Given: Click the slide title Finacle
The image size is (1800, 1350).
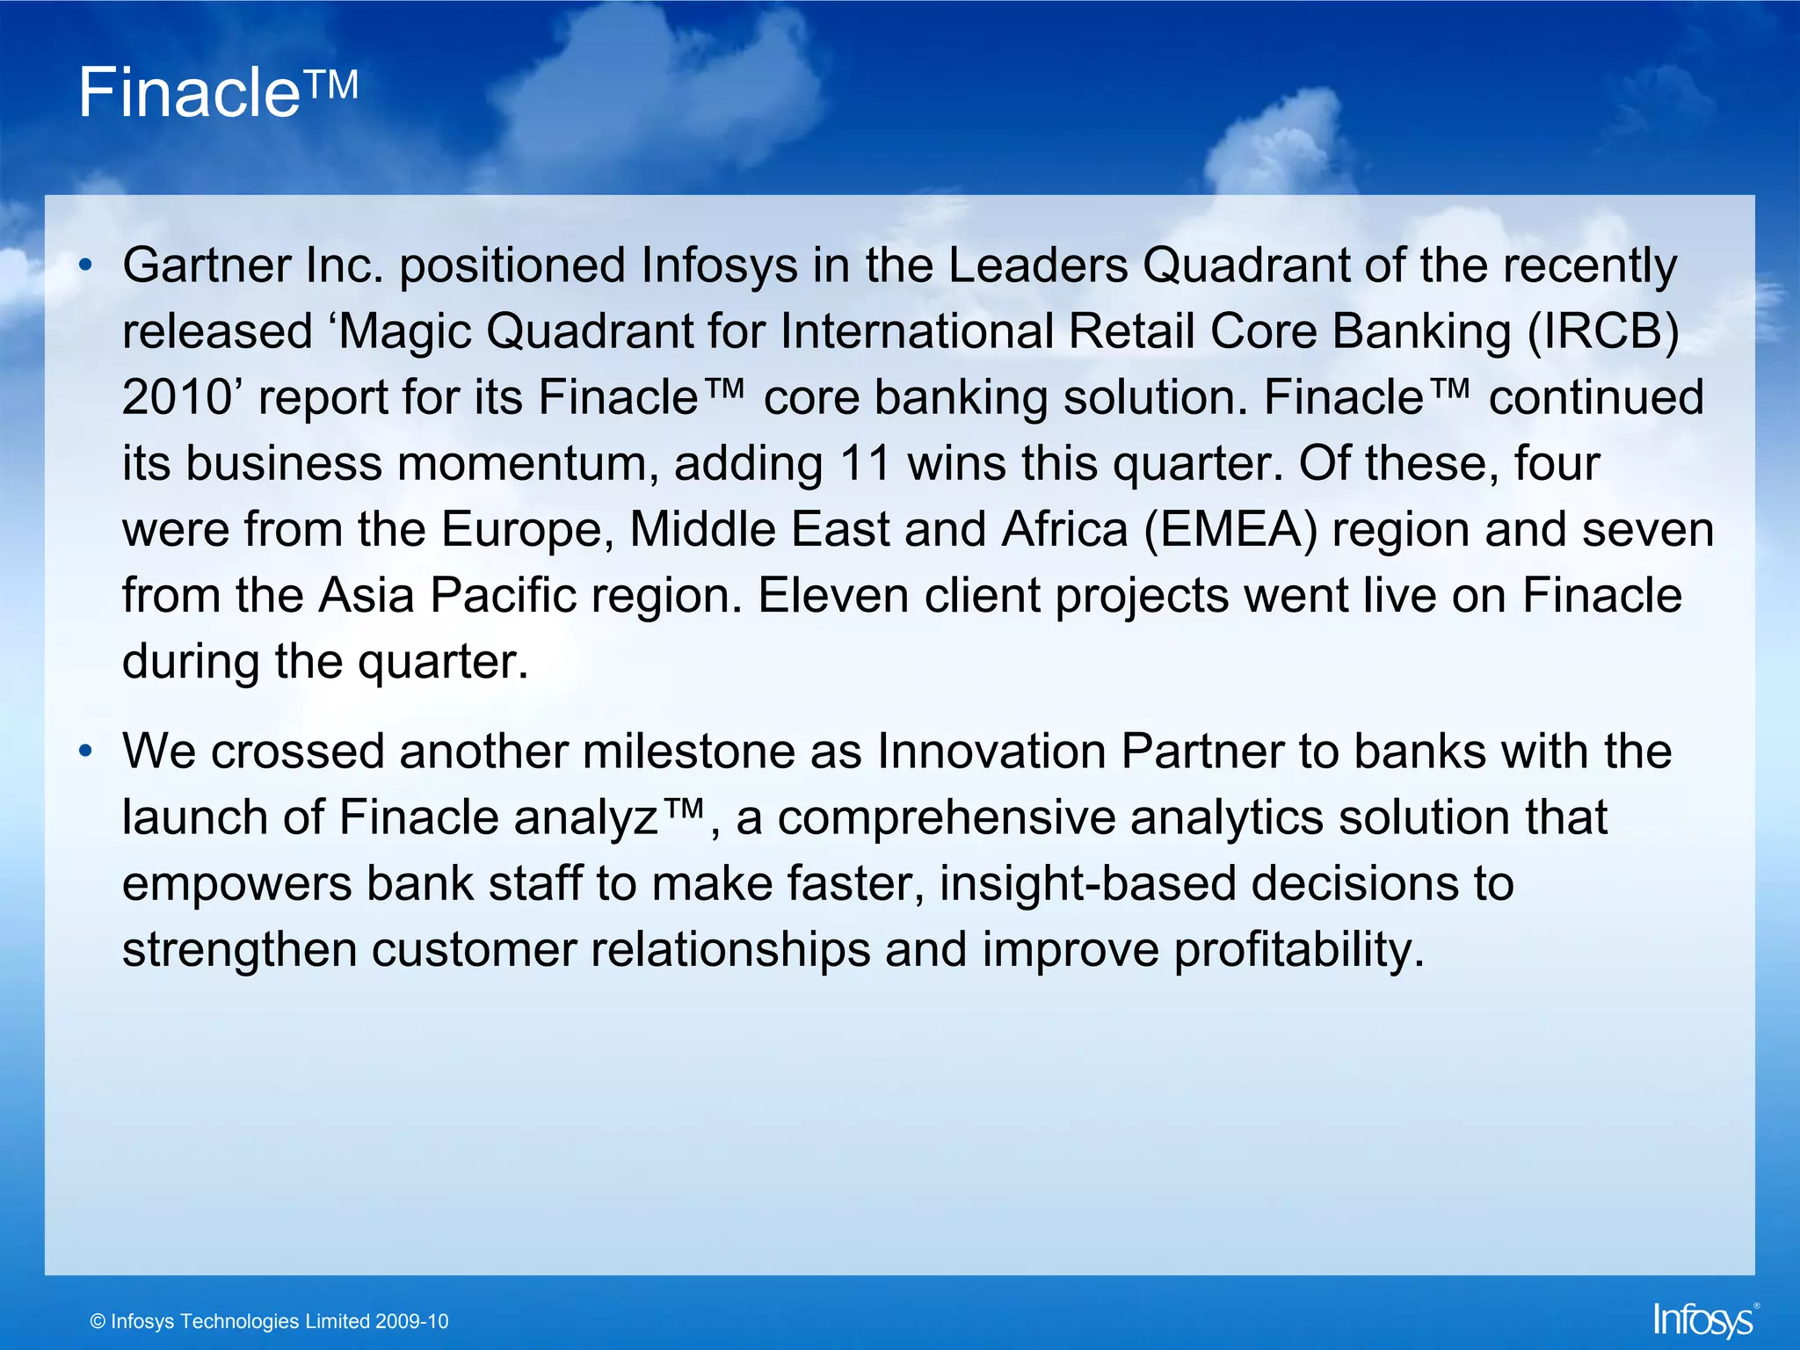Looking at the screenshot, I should pos(190,93).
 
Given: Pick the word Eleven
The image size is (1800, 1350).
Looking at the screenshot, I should pos(833,596).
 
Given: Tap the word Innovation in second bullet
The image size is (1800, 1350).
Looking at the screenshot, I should pos(991,752).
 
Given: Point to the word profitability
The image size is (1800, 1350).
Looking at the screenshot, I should pos(1293,950).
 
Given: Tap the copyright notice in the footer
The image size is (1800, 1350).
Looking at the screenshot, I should pos(269,1322).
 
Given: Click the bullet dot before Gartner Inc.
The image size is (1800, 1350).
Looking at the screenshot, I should pos(84,265).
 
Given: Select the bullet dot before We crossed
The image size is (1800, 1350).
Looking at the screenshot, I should pos(84,751).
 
